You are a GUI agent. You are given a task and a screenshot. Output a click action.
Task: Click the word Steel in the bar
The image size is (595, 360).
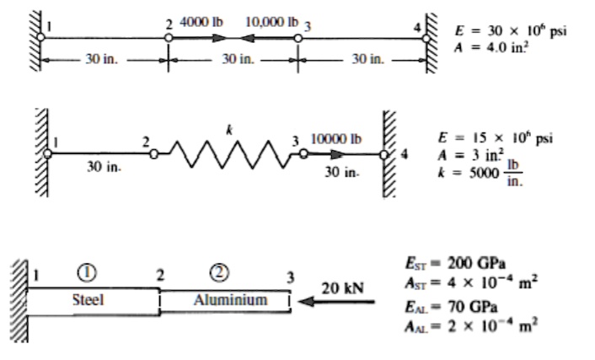coord(87,299)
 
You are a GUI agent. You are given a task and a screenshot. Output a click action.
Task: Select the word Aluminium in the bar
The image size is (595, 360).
coord(230,299)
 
